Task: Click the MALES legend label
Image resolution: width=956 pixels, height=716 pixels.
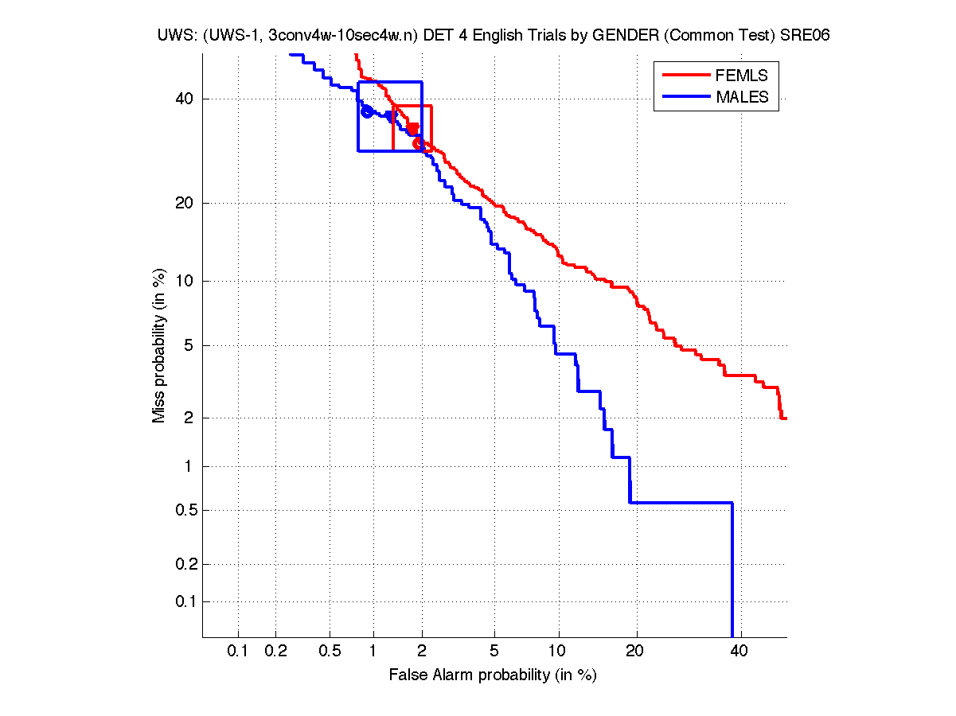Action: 742,97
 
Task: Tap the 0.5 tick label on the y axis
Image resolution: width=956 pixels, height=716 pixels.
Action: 185,510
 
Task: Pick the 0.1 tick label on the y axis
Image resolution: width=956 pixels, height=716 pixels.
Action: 185,601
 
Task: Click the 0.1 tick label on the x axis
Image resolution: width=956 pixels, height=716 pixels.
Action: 238,652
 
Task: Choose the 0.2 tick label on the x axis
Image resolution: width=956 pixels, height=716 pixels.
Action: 276,652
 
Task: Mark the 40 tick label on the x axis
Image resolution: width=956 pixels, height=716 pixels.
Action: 739,652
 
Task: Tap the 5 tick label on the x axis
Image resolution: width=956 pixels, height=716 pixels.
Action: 494,652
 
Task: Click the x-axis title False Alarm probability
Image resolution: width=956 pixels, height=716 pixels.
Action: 493,675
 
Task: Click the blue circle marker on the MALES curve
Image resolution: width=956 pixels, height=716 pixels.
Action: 367,111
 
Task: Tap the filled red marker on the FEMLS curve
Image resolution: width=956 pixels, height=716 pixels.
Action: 412,129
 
